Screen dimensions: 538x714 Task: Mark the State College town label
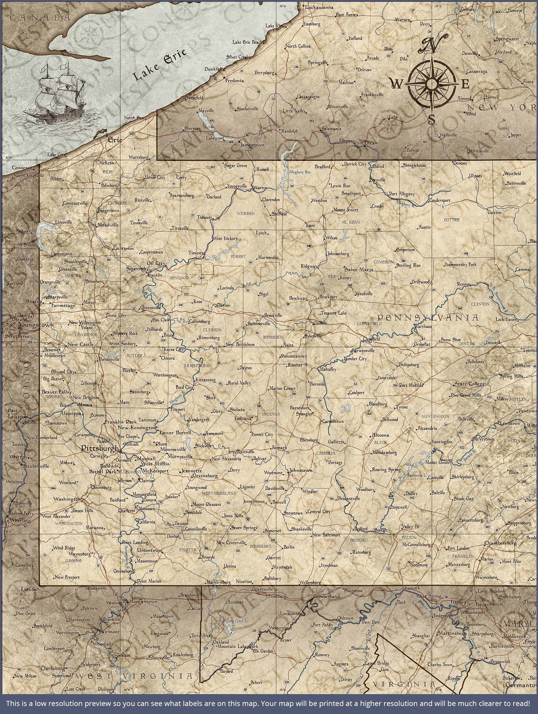coord(469,384)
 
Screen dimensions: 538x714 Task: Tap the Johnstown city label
coord(301,470)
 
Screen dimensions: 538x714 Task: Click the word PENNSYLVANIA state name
coord(428,318)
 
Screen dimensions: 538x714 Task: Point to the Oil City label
coord(156,263)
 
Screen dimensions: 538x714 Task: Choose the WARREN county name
coord(245,213)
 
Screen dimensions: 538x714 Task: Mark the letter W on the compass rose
coord(397,84)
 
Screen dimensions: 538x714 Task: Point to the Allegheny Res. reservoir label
coord(300,172)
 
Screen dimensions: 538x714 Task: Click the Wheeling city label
coord(20,520)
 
